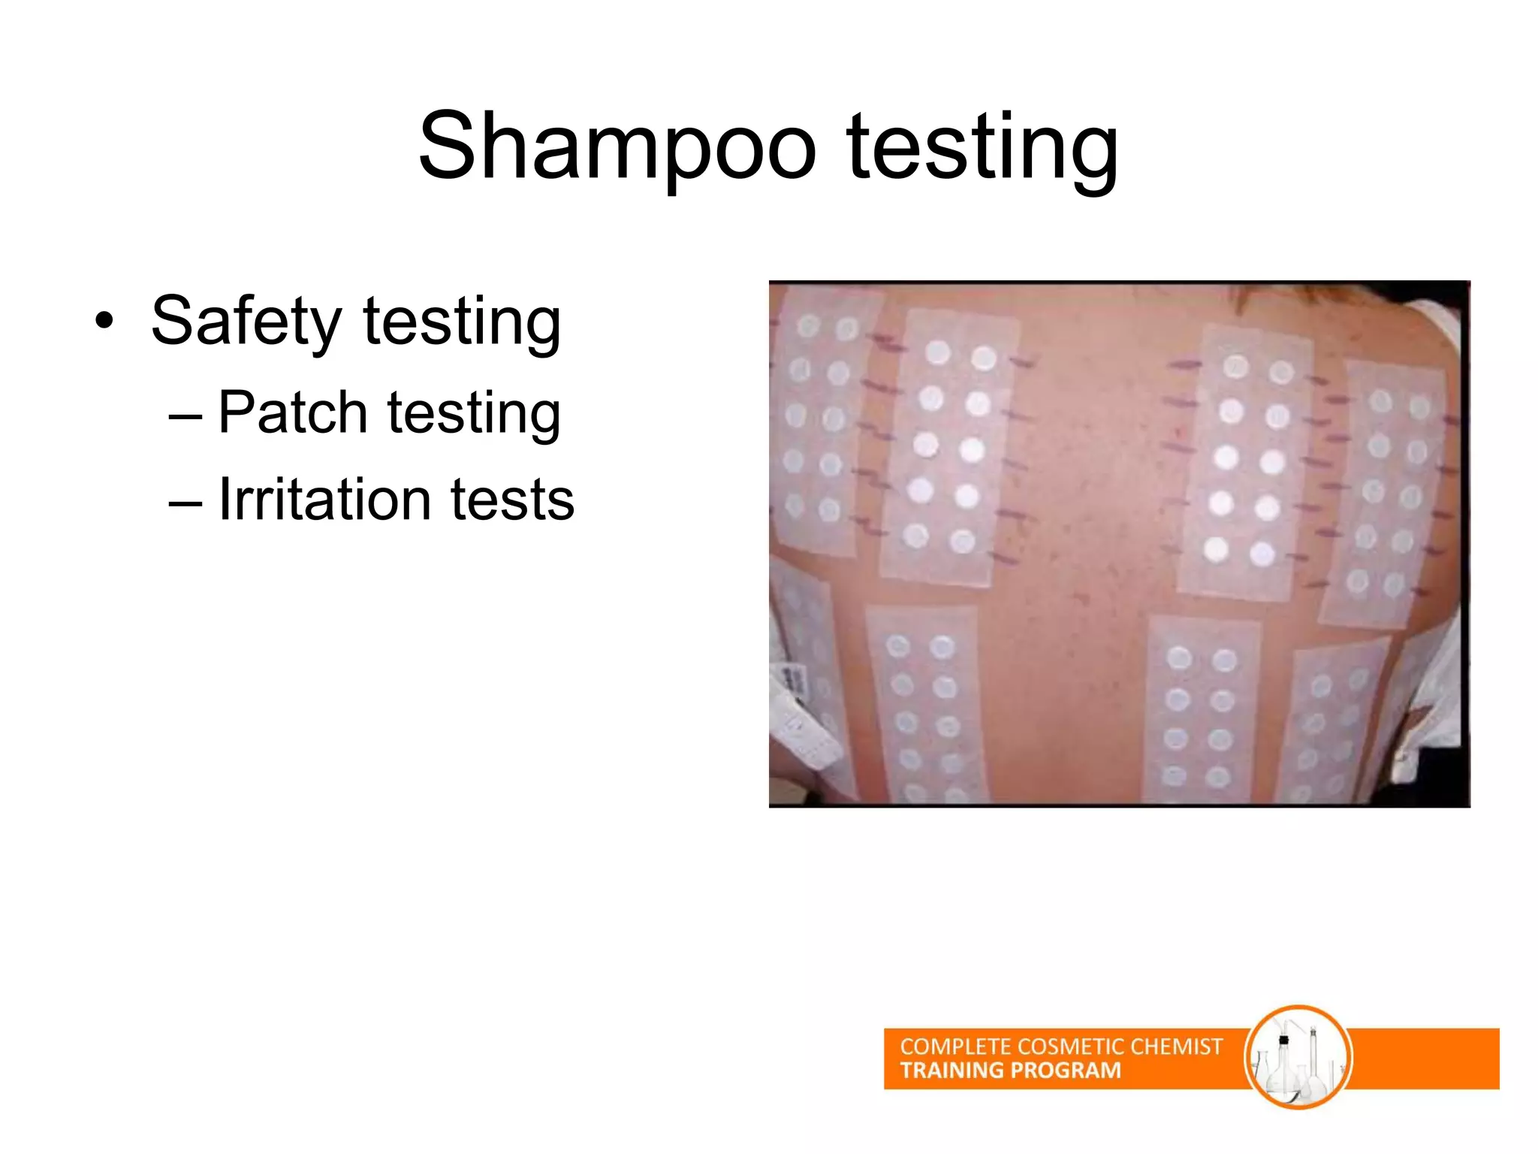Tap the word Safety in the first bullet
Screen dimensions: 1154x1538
246,322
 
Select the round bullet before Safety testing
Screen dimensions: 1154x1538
104,322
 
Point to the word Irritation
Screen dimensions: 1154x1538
324,500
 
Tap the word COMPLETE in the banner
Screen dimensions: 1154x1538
954,1047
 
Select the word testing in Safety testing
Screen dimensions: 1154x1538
461,322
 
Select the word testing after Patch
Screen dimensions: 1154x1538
473,412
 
